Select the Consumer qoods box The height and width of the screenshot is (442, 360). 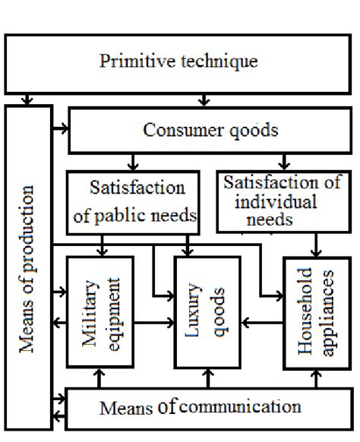coord(210,130)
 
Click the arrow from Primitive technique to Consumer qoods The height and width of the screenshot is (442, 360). coord(204,99)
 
